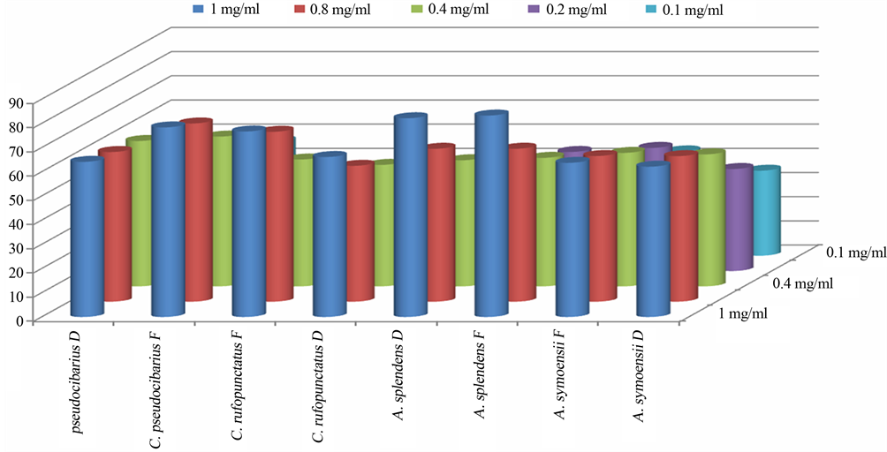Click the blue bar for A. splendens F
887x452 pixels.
pos(491,215)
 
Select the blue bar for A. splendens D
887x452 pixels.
pos(411,215)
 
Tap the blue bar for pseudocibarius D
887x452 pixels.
pos(87,237)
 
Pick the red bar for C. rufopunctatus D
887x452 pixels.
pos(360,231)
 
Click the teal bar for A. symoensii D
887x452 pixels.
pos(767,211)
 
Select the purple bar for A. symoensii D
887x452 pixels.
pos(739,217)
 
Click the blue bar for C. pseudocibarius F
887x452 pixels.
pos(168,220)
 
